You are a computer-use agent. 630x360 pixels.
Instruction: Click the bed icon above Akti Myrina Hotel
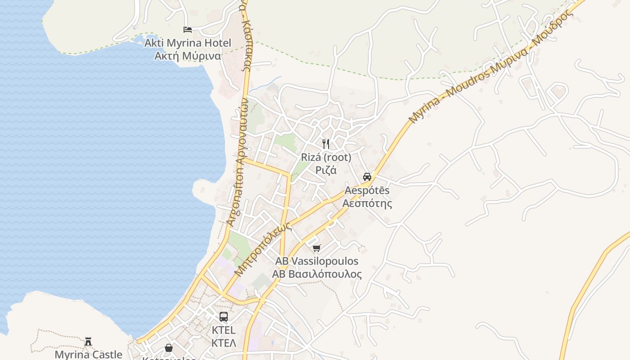pyautogui.click(x=188, y=30)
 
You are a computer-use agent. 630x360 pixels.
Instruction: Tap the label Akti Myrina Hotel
pyautogui.click(x=188, y=43)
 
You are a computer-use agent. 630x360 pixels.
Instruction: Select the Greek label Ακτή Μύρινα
pyautogui.click(x=188, y=56)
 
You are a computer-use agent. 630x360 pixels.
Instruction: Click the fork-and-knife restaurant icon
pyautogui.click(x=326, y=144)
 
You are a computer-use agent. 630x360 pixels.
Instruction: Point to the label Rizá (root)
pyautogui.click(x=326, y=157)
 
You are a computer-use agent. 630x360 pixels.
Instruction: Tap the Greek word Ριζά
pyautogui.click(x=326, y=170)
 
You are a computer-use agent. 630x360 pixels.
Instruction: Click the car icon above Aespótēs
pyautogui.click(x=367, y=176)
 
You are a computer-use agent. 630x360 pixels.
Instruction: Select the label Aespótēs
pyautogui.click(x=367, y=190)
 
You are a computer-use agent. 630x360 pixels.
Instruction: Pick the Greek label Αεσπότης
pyautogui.click(x=367, y=203)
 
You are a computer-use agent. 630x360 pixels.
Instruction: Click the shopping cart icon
pyautogui.click(x=317, y=248)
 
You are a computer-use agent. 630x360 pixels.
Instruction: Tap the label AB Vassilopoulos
pyautogui.click(x=317, y=261)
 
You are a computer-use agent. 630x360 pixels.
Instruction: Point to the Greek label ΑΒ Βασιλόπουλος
pyautogui.click(x=317, y=274)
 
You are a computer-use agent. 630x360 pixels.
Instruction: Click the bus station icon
pyautogui.click(x=224, y=317)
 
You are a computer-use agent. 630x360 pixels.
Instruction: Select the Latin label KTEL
pyautogui.click(x=224, y=330)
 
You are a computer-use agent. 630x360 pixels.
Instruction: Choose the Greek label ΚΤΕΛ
pyautogui.click(x=224, y=343)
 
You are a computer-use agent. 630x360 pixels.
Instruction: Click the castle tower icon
pyautogui.click(x=88, y=341)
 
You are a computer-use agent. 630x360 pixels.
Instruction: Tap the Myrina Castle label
pyautogui.click(x=88, y=355)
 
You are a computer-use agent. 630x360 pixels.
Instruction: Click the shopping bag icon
pyautogui.click(x=168, y=348)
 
